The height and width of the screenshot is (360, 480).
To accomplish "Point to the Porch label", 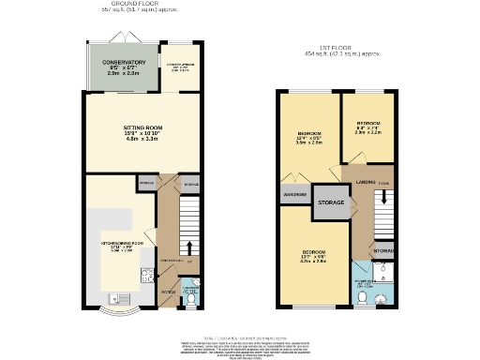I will pyautogui.click(x=167, y=292).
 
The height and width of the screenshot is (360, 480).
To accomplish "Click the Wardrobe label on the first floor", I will pyautogui.click(x=293, y=195).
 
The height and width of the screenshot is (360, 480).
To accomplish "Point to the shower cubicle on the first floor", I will pyautogui.click(x=382, y=274).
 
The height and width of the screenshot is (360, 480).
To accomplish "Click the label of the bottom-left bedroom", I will pyautogui.click(x=313, y=254).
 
